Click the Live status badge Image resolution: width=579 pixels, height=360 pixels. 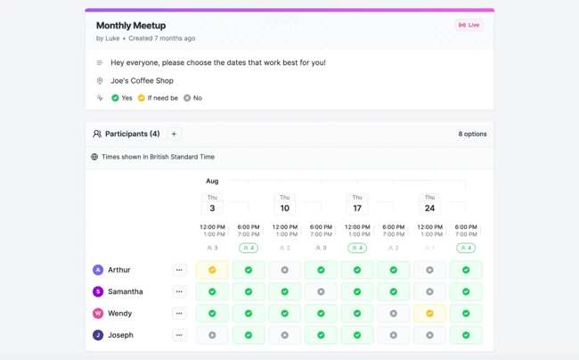(469, 25)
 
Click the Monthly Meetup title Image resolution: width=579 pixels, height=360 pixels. (131, 26)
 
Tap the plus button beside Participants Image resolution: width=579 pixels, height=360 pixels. (174, 134)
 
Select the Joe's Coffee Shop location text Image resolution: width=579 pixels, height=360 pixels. (142, 80)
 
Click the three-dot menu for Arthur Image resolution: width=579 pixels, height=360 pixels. (179, 270)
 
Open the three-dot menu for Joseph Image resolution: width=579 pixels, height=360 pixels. (179, 335)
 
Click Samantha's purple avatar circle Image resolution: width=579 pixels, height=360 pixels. (98, 291)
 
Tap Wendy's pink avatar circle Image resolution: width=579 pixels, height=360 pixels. (98, 314)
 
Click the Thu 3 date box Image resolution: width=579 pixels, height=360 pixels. (212, 204)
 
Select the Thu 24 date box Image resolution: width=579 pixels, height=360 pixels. (429, 204)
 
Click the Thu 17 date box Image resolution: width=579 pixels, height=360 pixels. (357, 204)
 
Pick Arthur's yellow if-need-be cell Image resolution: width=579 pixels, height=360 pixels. (212, 270)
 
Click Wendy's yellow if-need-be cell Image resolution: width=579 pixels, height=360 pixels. (429, 314)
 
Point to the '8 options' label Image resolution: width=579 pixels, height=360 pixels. (472, 134)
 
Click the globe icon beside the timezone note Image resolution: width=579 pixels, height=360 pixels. (94, 157)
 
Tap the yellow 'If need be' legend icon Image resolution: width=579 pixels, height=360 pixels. (142, 98)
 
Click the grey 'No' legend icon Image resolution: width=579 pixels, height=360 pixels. (187, 98)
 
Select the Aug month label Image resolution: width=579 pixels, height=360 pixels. (212, 181)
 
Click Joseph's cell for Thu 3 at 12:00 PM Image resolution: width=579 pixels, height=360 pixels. (212, 335)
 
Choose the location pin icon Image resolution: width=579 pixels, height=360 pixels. (100, 80)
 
